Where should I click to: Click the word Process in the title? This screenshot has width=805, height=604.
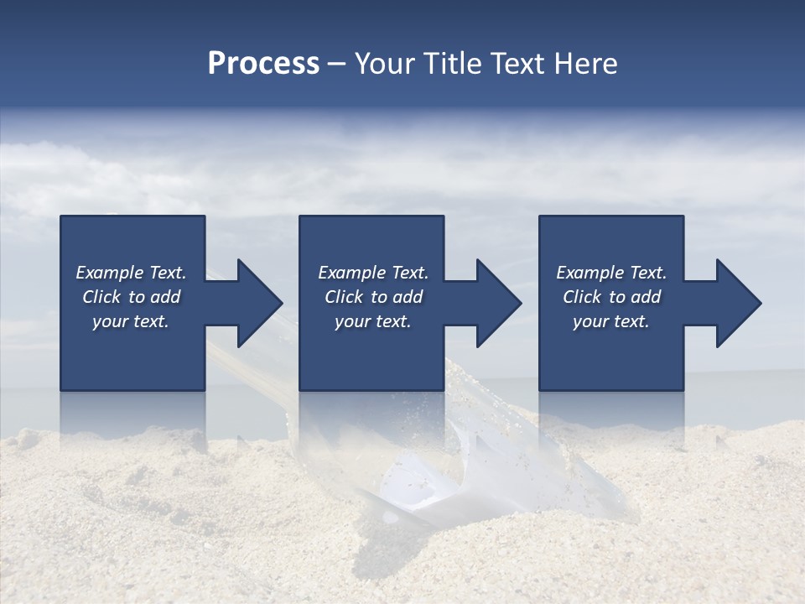(x=263, y=64)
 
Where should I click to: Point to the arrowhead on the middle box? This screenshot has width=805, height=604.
(x=498, y=303)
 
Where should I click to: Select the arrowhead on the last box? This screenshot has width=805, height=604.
(x=738, y=303)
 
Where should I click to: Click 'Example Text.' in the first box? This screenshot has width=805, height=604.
(x=131, y=273)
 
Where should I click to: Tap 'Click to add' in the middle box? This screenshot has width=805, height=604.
(x=373, y=297)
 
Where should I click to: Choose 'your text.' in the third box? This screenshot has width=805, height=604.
(x=610, y=321)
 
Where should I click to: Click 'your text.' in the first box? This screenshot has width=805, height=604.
(x=131, y=321)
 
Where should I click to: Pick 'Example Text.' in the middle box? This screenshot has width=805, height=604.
(x=373, y=273)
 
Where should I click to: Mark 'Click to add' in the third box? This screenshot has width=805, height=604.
(x=611, y=297)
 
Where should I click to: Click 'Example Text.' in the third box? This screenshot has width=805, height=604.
(x=611, y=273)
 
